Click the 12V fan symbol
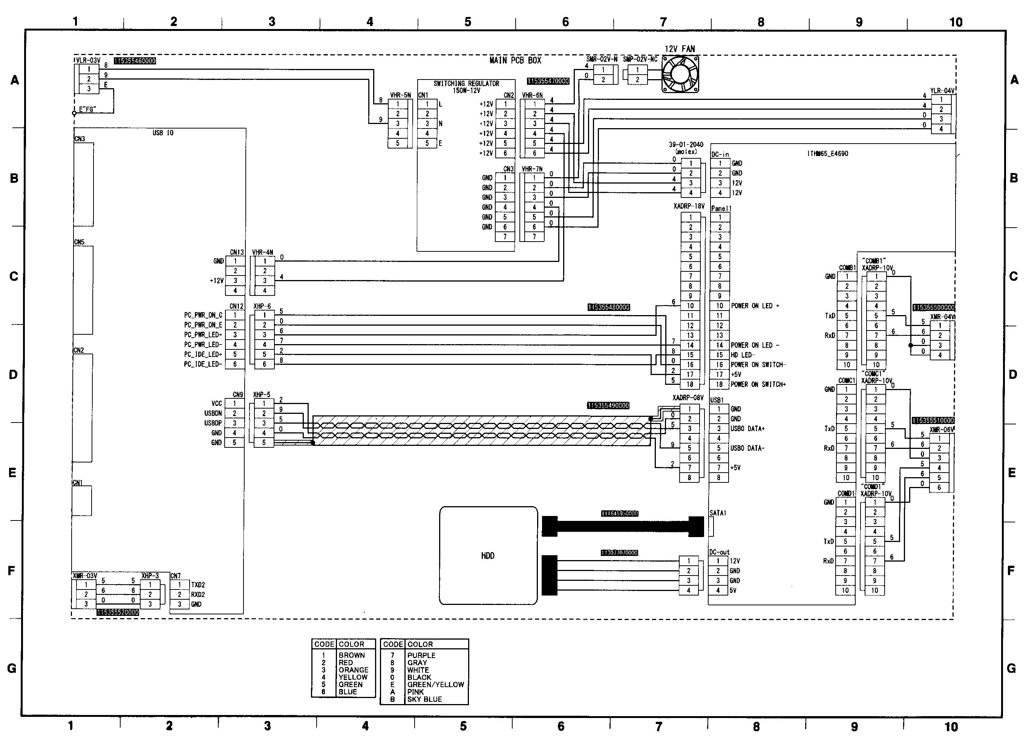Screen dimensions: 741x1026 [x=680, y=74]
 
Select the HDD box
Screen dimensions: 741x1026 [x=488, y=556]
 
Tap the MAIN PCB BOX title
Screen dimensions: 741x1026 [x=515, y=60]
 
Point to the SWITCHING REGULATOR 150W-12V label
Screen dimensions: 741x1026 [x=466, y=87]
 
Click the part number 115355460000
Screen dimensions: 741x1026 [x=135, y=61]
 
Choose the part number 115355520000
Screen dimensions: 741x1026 [x=118, y=612]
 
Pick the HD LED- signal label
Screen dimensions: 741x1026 [x=743, y=355]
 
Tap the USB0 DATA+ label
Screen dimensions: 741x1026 [x=747, y=429]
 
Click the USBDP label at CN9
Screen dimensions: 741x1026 [x=213, y=423]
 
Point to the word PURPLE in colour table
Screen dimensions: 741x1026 [x=421, y=655]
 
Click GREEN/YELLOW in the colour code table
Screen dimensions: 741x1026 [x=435, y=684]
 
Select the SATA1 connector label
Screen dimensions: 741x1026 [x=718, y=513]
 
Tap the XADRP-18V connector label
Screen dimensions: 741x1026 [x=689, y=206]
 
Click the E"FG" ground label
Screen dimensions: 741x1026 [x=88, y=109]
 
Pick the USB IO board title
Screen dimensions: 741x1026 [x=163, y=133]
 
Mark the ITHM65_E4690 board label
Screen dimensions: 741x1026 [x=827, y=154]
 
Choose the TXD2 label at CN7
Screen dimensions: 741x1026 [x=198, y=585]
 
